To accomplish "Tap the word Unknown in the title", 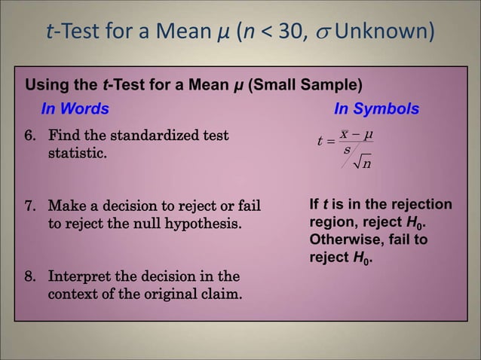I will pyautogui.click(x=384, y=32).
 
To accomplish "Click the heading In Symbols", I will pyautogui.click(x=376, y=109).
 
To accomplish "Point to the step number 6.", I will pyautogui.click(x=29, y=136).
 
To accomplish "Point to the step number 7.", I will pyautogui.click(x=29, y=206).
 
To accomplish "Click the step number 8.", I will pyautogui.click(x=29, y=276).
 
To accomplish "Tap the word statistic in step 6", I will pyautogui.click(x=77, y=154).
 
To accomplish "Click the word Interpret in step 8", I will pyautogui.click(x=80, y=276).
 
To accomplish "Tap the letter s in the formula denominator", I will pyautogui.click(x=347, y=150).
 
